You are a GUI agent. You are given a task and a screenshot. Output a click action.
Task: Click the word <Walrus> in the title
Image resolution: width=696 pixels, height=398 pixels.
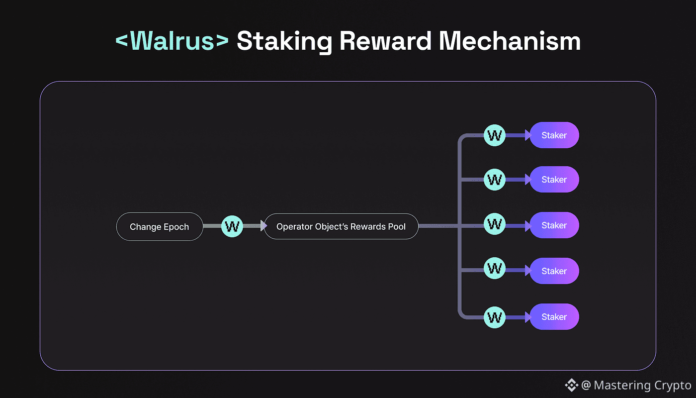pos(172,41)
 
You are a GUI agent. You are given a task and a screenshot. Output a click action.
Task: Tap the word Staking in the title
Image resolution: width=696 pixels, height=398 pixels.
pos(284,41)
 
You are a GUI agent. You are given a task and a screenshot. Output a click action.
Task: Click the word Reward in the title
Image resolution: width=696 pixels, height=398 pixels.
pos(385,41)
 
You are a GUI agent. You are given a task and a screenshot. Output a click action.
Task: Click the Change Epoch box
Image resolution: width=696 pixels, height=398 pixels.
pos(160,227)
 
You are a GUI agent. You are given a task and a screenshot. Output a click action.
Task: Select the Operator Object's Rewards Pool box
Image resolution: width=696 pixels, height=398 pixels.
pos(341,227)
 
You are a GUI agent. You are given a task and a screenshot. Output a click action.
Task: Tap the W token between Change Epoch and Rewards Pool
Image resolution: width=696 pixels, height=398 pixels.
pos(232,227)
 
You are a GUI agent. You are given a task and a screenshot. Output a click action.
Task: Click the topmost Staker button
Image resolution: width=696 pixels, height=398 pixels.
pos(554,135)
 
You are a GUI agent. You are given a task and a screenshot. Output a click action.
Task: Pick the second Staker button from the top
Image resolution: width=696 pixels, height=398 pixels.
pos(554,180)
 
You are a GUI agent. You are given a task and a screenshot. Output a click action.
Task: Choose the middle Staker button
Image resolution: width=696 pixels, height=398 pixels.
pos(554,225)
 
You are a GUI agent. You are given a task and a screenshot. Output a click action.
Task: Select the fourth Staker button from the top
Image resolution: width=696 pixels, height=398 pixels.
pos(554,271)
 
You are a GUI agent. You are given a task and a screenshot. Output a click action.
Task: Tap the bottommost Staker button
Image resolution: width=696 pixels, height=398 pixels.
pos(554,317)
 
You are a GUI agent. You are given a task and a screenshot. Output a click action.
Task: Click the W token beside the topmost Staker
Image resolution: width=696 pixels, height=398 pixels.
pos(495,135)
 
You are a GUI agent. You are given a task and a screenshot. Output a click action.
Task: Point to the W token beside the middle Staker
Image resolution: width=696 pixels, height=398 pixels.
pos(495,225)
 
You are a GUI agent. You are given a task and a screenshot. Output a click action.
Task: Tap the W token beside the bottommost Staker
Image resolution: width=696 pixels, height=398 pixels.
pos(495,317)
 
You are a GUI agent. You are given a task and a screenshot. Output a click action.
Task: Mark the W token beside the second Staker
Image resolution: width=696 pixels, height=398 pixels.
pos(495,180)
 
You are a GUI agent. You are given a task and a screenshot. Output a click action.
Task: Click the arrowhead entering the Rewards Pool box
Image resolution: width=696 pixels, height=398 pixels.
pos(263,227)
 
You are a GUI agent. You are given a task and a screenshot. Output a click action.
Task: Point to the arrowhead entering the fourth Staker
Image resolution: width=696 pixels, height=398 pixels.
pos(528,271)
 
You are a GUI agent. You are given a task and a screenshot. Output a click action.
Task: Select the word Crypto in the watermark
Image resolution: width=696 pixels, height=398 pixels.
pos(673,385)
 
